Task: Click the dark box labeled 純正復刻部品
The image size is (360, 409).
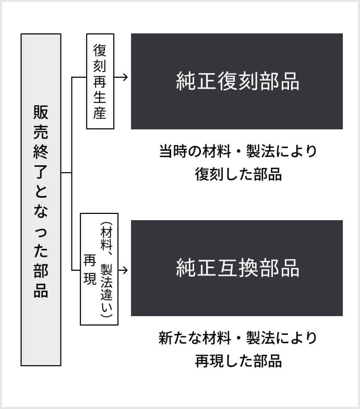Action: click(236, 81)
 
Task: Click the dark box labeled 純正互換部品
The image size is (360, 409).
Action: click(236, 268)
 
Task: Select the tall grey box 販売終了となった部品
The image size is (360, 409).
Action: click(41, 200)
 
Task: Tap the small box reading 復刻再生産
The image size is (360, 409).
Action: click(100, 81)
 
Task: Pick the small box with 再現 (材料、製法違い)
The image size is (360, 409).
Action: click(99, 269)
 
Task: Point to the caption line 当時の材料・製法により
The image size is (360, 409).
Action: click(237, 151)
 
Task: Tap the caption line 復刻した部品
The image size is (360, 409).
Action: click(238, 174)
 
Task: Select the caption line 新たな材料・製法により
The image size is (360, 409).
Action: click(237, 338)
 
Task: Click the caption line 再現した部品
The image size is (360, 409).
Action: click(238, 360)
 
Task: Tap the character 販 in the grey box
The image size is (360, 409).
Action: click(41, 112)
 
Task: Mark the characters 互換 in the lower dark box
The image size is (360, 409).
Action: click(237, 268)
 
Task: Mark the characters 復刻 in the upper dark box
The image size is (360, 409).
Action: click(237, 81)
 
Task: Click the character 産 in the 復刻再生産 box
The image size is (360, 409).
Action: click(100, 113)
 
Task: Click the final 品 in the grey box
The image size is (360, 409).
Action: click(41, 290)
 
